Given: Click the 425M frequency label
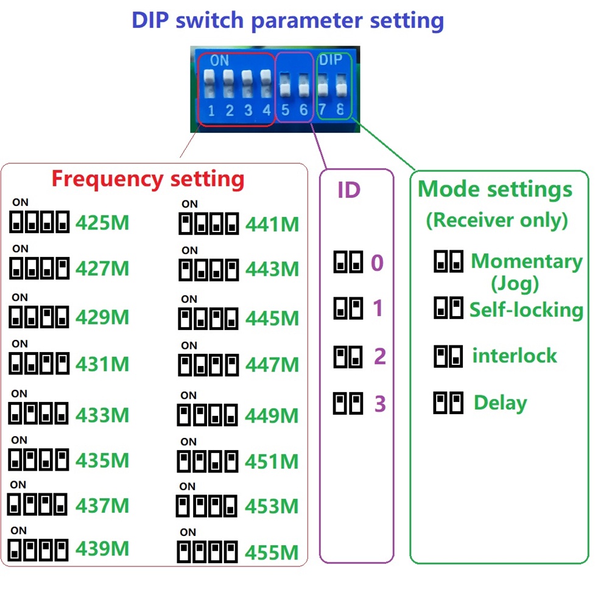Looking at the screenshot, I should tap(102, 223).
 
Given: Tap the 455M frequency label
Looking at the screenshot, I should tap(272, 553).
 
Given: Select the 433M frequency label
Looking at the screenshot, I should tap(102, 415).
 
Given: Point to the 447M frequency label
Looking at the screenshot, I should tap(272, 365).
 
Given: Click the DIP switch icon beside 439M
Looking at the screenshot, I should tap(38, 551).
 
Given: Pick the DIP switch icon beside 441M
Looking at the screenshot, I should tap(208, 224).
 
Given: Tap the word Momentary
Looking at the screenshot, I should tap(527, 261).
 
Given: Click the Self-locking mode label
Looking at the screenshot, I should tap(526, 309).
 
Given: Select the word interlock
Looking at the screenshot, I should tap(515, 355).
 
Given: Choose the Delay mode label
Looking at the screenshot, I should tap(500, 403).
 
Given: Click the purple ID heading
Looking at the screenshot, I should tap(349, 190).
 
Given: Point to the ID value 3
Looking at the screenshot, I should tap(380, 404).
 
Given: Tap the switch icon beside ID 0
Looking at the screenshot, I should tap(348, 262).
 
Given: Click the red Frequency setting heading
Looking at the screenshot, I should tap(148, 179).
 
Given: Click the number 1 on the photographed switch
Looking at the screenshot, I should tap(211, 111).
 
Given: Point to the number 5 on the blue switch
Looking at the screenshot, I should tap(285, 110).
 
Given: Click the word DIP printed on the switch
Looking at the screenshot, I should tap(331, 60).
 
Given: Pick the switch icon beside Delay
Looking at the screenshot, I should tap(448, 403).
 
